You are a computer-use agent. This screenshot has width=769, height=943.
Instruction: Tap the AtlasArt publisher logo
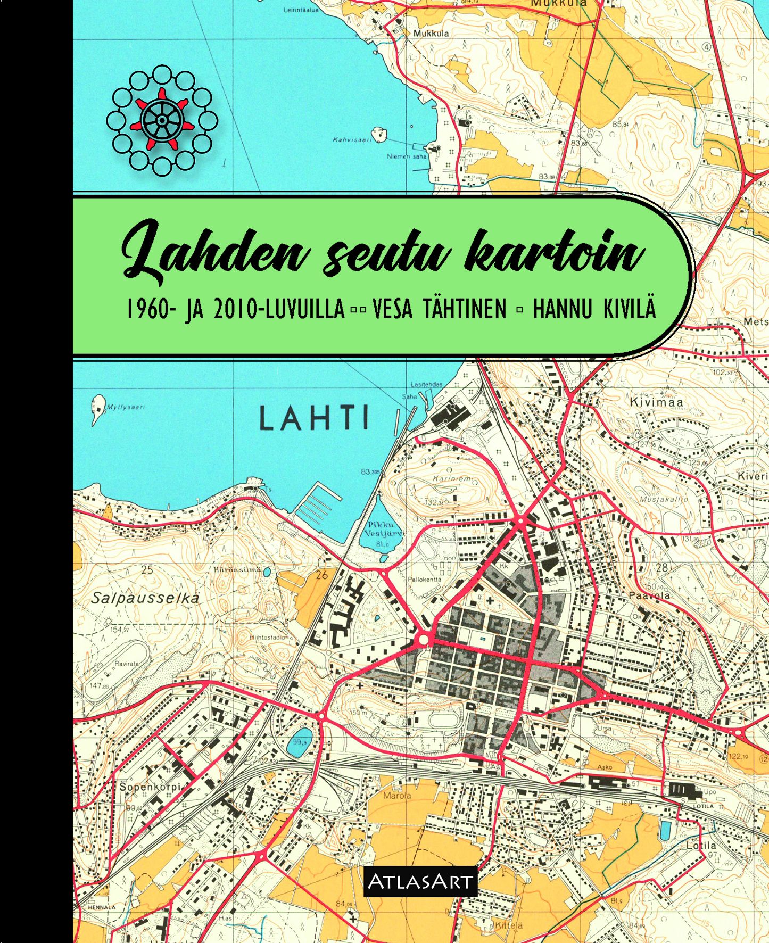[420, 882]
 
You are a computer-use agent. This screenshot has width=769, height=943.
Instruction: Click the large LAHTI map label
[314, 418]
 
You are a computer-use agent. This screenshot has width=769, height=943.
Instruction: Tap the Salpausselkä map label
[145, 598]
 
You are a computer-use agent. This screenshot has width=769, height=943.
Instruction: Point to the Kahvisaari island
[379, 134]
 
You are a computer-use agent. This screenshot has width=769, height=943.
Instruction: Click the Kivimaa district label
[656, 403]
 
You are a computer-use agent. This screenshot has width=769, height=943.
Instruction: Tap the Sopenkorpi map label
[150, 787]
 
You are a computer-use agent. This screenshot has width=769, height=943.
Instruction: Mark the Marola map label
[397, 796]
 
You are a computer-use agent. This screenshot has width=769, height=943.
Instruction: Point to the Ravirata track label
[126, 664]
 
